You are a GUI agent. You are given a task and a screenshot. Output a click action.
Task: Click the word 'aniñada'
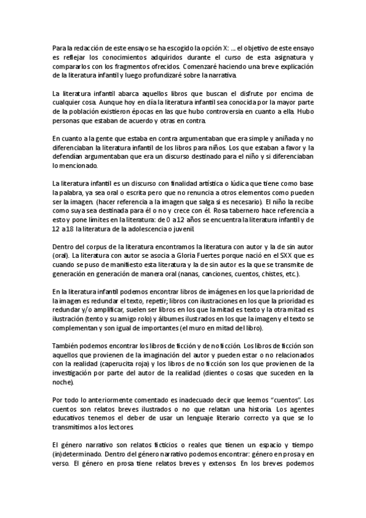pyautogui.click(x=273, y=140)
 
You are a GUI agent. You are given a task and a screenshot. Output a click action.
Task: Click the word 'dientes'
pyautogui.click(x=238, y=373)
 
